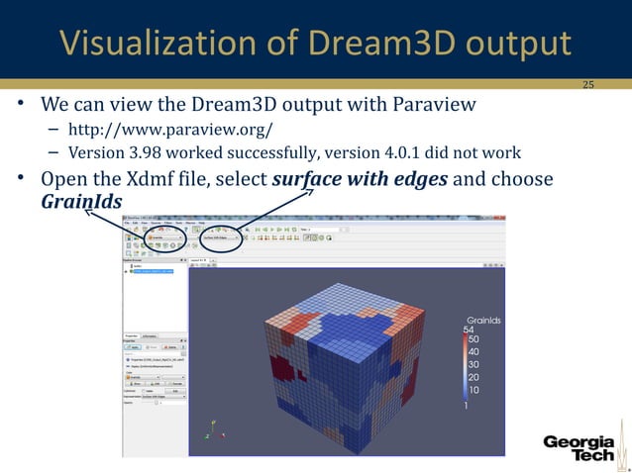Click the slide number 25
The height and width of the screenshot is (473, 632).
(x=587, y=85)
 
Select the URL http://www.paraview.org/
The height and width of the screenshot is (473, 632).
(x=169, y=130)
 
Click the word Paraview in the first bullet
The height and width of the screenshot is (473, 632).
(x=439, y=105)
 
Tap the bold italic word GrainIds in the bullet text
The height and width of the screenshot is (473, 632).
(x=82, y=202)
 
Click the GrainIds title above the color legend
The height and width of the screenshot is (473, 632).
(x=483, y=320)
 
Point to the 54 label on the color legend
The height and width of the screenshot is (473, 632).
(x=470, y=330)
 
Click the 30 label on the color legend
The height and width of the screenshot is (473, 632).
(x=474, y=365)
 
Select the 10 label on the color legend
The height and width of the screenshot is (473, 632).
(x=474, y=391)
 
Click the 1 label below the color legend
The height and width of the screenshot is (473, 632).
(x=466, y=406)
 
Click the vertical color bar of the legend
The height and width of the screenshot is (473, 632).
(x=464, y=366)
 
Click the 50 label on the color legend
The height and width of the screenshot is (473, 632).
(x=474, y=339)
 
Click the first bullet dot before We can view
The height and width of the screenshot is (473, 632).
(x=20, y=106)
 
